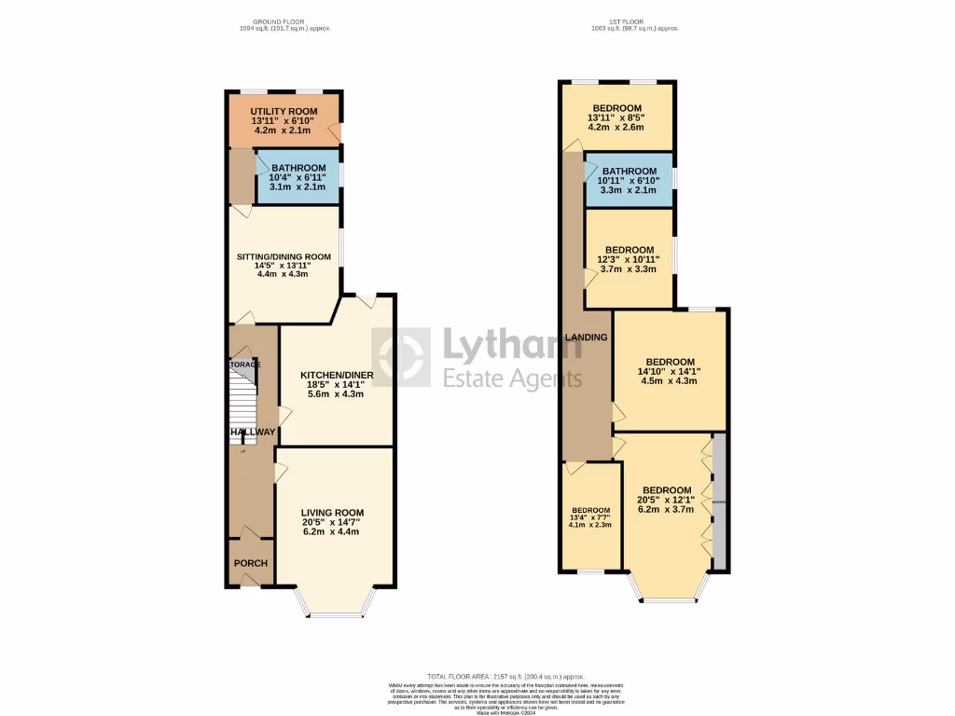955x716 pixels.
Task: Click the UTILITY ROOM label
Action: point(284,112)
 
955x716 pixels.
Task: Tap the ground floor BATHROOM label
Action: point(298,168)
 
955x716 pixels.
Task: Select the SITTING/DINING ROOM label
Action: point(284,256)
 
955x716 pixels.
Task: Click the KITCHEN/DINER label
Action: point(336,376)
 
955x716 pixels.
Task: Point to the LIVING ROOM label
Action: point(332,512)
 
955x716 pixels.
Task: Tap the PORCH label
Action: point(250,563)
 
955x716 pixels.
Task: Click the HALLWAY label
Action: point(253,432)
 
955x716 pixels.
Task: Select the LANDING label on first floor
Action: point(586,337)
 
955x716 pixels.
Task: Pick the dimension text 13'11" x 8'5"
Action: point(616,118)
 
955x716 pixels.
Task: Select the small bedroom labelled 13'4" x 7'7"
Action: point(591,517)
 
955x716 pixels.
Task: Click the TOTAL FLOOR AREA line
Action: point(506,676)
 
